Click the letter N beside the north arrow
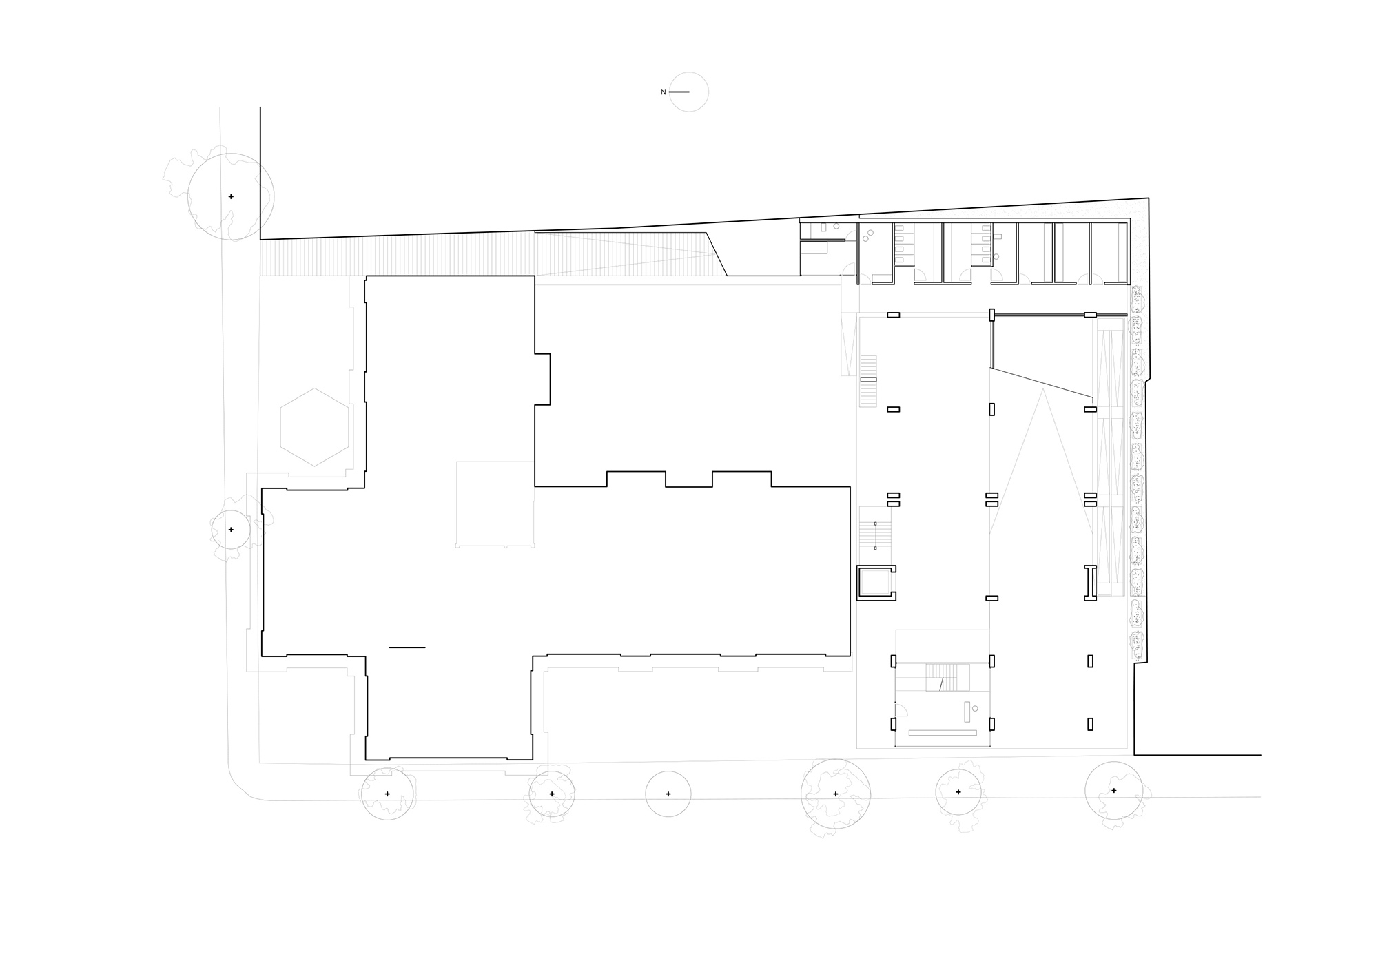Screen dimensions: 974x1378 point(664,92)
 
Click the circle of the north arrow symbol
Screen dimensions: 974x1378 point(689,92)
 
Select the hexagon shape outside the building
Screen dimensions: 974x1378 point(314,427)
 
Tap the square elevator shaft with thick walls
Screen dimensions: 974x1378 point(876,583)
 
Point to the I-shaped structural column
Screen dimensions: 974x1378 point(1090,583)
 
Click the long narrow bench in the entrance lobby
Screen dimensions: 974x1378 point(944,733)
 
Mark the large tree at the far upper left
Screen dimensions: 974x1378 point(231,196)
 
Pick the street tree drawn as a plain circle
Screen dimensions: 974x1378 point(668,794)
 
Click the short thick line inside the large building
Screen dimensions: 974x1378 point(407,647)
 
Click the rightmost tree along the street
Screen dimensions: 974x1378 point(1113,791)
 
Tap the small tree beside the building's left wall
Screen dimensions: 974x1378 point(231,530)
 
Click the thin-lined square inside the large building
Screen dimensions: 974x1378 point(495,504)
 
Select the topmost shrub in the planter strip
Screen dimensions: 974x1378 point(1135,298)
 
